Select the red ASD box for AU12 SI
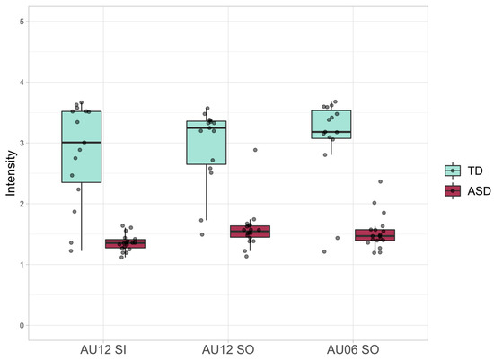click(x=125, y=243)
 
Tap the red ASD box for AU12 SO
click(x=250, y=231)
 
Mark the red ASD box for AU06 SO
click(x=375, y=235)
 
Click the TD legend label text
click(x=473, y=170)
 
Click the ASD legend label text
click(x=477, y=190)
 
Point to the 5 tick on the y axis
click(x=22, y=22)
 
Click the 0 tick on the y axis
click(x=22, y=325)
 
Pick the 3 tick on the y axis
click(x=22, y=143)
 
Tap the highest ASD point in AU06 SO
click(x=380, y=182)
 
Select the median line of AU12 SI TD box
click(x=81, y=143)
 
